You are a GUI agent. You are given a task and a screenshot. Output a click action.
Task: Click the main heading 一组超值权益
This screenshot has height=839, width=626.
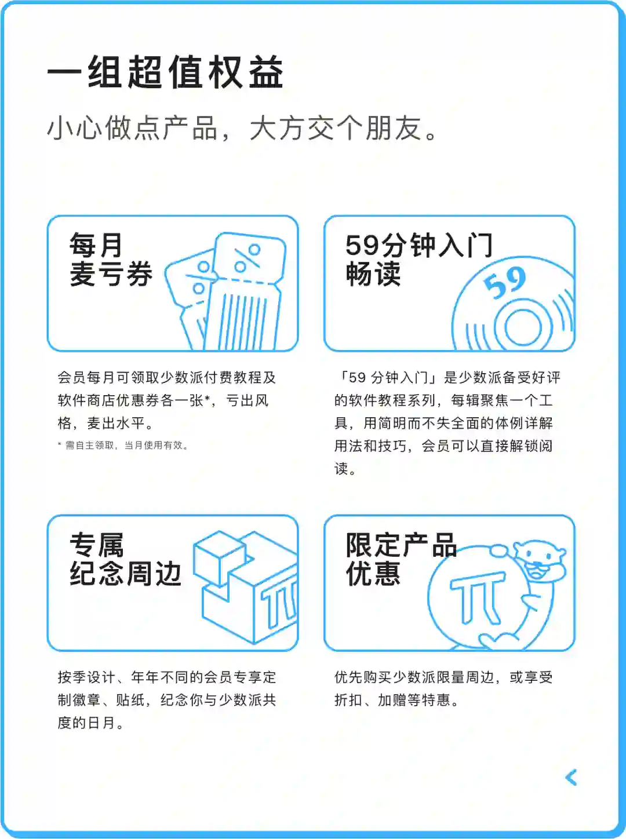[165, 72]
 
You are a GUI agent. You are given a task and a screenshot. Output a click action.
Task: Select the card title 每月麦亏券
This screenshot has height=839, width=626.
[111, 260]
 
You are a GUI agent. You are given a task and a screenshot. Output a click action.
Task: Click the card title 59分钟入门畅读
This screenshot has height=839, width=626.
[419, 260]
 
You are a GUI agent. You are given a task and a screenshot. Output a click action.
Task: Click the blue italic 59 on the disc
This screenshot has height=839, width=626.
[505, 283]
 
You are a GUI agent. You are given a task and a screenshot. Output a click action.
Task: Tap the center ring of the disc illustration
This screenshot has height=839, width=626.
[523, 327]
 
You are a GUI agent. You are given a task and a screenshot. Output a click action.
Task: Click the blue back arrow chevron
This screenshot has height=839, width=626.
[571, 778]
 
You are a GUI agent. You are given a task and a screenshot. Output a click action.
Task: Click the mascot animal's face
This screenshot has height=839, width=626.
[539, 559]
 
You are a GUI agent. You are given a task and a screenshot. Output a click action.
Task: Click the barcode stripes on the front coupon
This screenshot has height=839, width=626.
[242, 322]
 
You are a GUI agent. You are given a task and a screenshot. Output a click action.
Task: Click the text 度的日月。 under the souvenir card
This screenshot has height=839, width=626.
[90, 723]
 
